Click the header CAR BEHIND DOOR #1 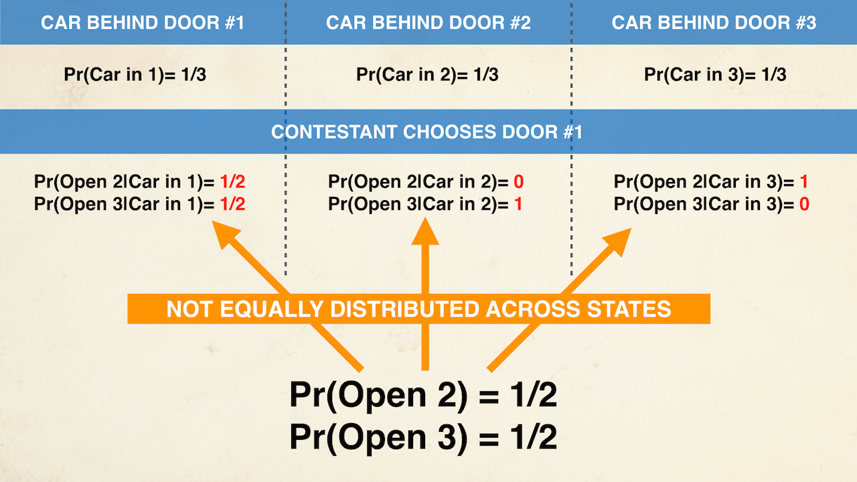click(x=142, y=23)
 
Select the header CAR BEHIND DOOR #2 click(x=428, y=23)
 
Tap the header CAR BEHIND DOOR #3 click(x=714, y=23)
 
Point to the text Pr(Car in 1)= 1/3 click(x=135, y=74)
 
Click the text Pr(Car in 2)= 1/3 click(x=427, y=74)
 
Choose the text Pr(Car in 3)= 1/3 click(x=715, y=74)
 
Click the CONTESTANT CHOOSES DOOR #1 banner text click(x=426, y=131)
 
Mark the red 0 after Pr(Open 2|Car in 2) click(x=519, y=182)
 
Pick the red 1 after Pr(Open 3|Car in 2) click(x=518, y=204)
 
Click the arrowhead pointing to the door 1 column click(x=227, y=236)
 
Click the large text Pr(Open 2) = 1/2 click(x=423, y=396)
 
